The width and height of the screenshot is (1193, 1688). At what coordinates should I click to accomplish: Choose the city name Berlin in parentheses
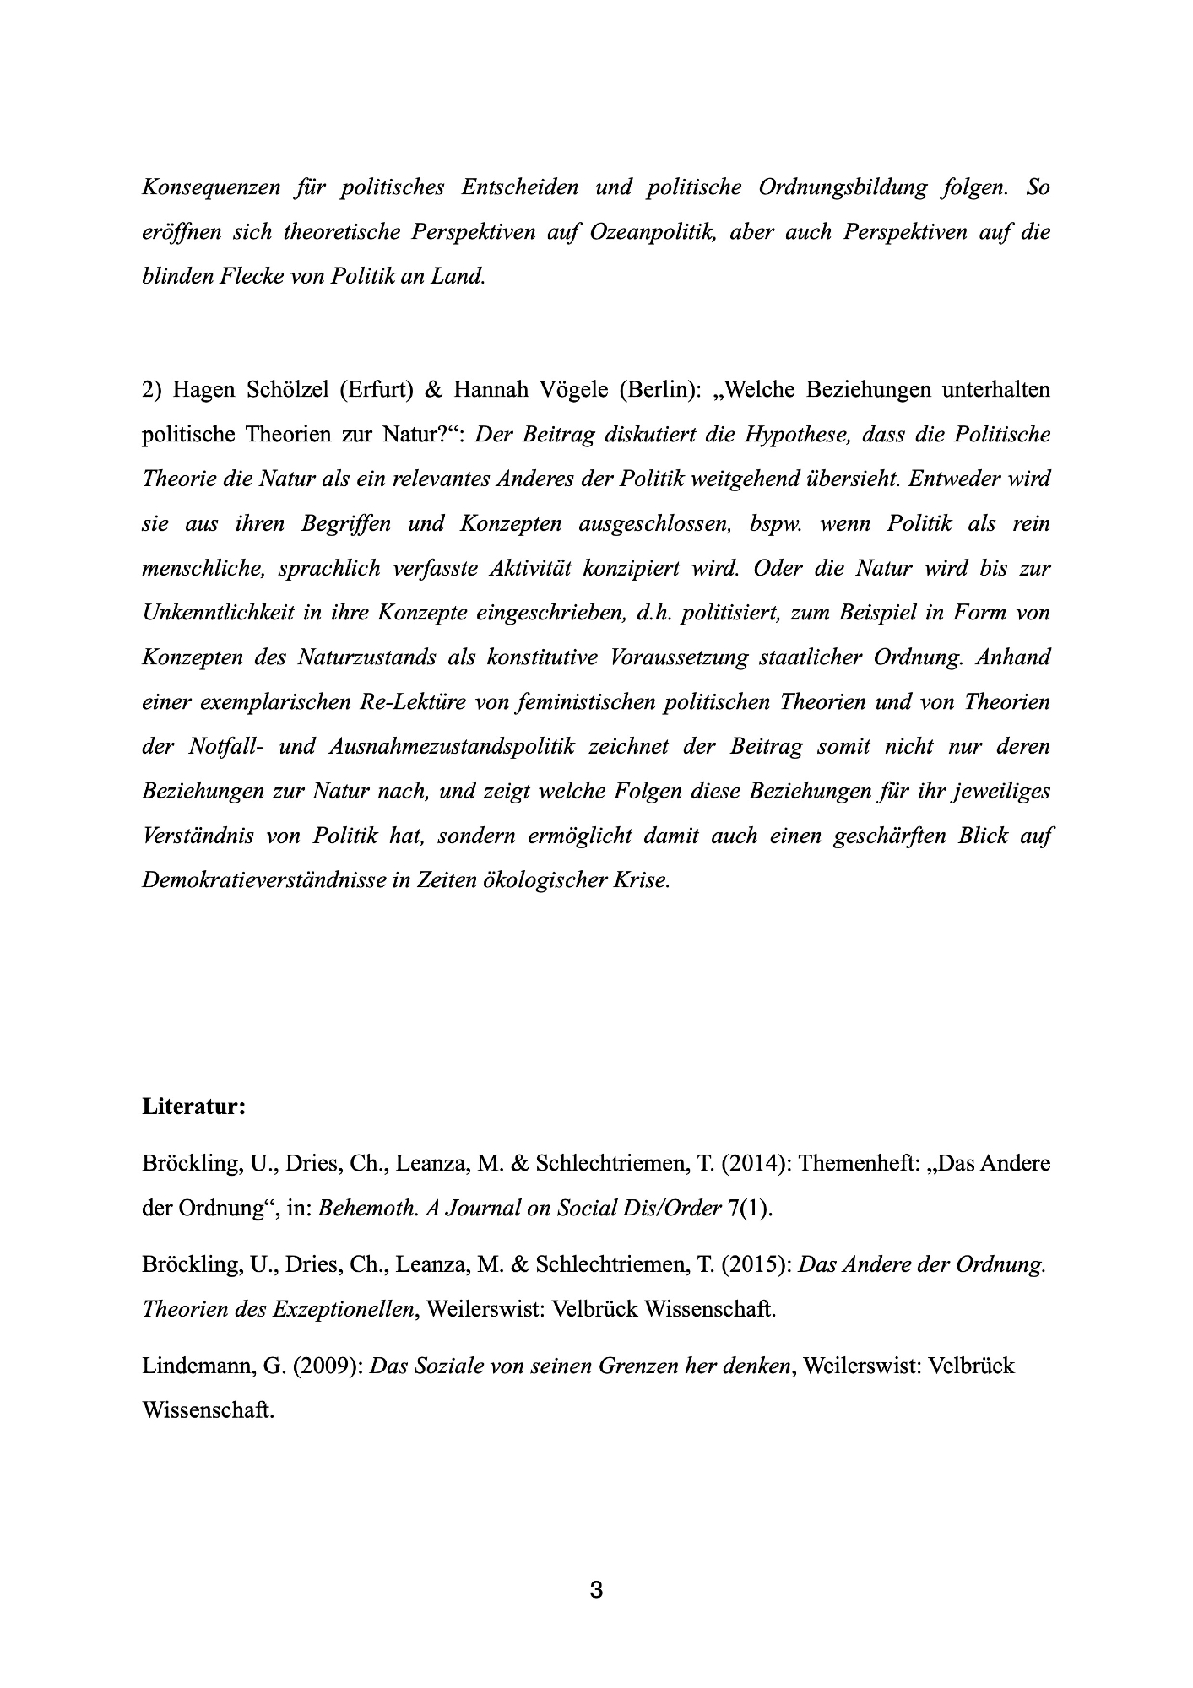[660, 389]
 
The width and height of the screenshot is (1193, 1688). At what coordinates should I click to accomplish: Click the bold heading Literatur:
[193, 1106]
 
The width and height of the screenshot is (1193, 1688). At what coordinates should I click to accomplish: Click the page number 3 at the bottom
[596, 1591]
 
